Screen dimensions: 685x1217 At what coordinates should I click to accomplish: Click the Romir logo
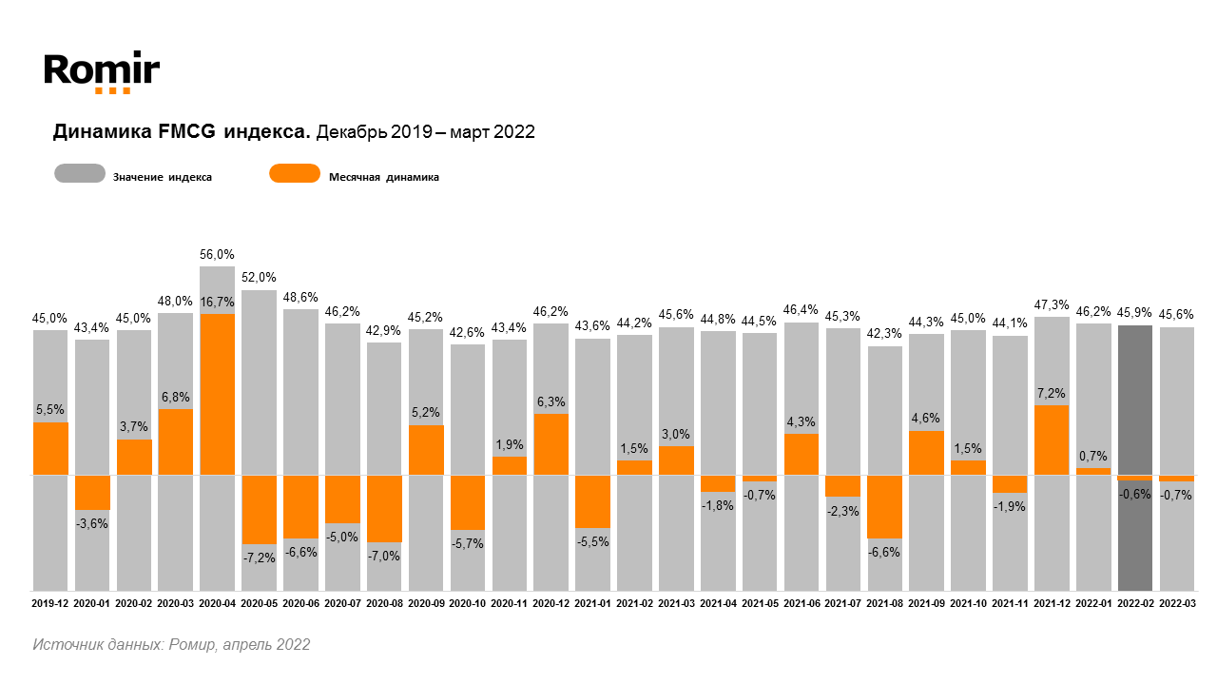102,71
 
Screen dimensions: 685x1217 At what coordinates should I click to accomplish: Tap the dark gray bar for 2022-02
1135,457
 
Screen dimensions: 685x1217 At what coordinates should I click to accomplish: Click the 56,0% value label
218,255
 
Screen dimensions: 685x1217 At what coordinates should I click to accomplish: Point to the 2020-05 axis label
260,603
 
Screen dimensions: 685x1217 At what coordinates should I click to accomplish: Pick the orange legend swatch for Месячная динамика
295,174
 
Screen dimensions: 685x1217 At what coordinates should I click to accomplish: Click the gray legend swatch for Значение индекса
80,174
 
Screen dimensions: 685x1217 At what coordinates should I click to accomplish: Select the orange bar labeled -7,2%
260,509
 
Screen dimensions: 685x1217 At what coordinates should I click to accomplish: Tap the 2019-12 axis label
50,603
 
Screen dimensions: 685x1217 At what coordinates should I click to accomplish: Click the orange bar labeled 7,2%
1052,440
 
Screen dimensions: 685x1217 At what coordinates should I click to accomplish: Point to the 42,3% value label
885,334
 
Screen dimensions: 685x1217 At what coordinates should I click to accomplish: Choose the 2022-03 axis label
1177,603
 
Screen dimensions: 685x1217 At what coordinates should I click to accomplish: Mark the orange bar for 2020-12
551,444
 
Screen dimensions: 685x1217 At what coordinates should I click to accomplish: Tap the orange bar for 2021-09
927,453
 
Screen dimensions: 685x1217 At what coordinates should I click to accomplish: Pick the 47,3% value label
1052,304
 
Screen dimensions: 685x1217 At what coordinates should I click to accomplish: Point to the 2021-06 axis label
802,603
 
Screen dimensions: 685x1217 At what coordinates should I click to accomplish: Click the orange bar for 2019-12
50,448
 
